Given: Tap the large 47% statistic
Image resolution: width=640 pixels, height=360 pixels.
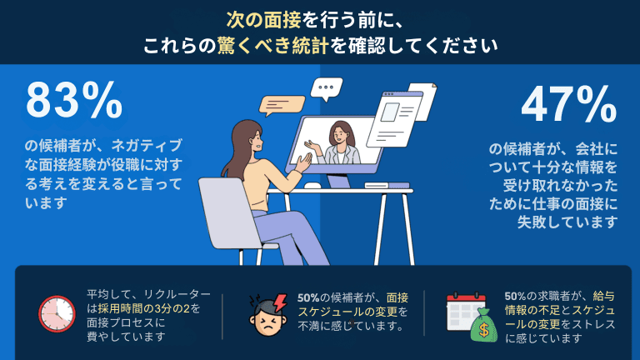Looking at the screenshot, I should (x=568, y=105).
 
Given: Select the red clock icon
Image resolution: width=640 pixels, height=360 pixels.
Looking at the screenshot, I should (x=56, y=312).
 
